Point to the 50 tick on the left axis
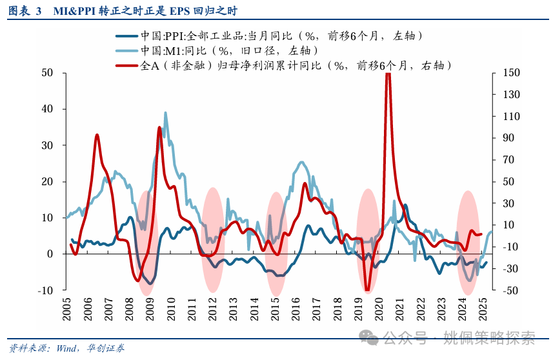point(47,73)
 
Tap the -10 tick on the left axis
point(45,290)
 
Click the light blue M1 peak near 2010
point(166,113)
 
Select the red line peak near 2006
point(97,135)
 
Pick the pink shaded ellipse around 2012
point(213,242)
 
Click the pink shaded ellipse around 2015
point(276,244)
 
